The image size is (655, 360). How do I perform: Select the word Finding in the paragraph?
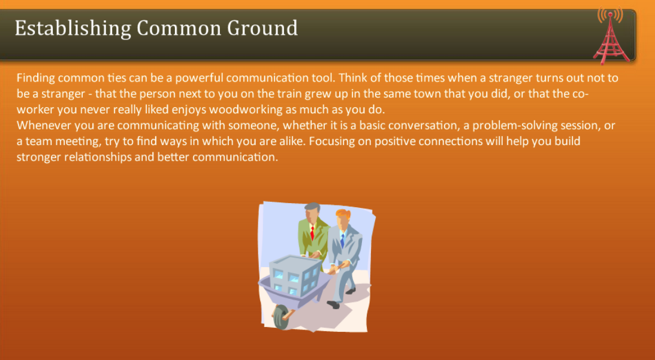click(x=35, y=78)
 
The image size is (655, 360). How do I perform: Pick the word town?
click(x=424, y=94)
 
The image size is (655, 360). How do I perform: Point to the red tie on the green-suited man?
click(x=313, y=232)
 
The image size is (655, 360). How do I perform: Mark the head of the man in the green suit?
click(x=312, y=211)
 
